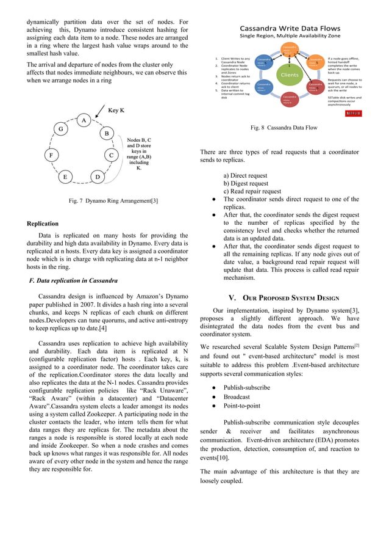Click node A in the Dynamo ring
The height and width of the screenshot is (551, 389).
pyautogui.click(x=83, y=120)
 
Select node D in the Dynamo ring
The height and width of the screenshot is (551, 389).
pyautogui.click(x=98, y=177)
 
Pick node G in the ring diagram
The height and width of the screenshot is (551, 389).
pyautogui.click(x=60, y=130)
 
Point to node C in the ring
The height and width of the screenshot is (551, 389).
pyautogui.click(x=112, y=155)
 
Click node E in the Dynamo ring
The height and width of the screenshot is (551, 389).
pyautogui.click(x=65, y=177)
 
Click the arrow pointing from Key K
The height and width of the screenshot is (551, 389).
pyautogui.click(x=98, y=115)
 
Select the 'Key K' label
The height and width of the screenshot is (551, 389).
pyautogui.click(x=116, y=110)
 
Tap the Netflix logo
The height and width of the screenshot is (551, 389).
pyautogui.click(x=354, y=114)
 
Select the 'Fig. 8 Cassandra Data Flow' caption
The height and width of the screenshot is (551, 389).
pyautogui.click(x=284, y=128)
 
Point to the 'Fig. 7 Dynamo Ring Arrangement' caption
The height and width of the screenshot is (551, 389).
pyautogui.click(x=113, y=201)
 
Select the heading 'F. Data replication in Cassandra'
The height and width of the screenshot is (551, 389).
pyautogui.click(x=74, y=280)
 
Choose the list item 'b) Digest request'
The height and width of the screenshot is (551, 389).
pyautogui.click(x=246, y=183)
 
